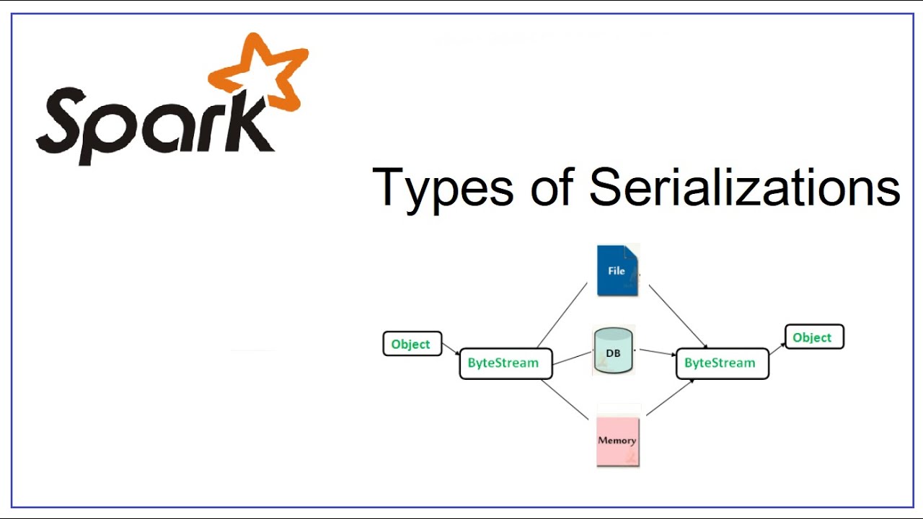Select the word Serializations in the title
[744, 187]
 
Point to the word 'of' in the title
[552, 187]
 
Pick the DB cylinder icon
[613, 351]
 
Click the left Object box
[412, 344]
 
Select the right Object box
[813, 337]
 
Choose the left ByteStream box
[505, 363]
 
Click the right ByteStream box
[722, 363]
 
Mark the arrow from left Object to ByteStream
[451, 349]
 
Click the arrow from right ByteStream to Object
[777, 349]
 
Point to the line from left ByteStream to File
[562, 314]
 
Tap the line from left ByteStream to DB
[573, 357]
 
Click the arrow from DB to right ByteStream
[657, 352]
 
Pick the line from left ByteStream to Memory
[565, 399]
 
